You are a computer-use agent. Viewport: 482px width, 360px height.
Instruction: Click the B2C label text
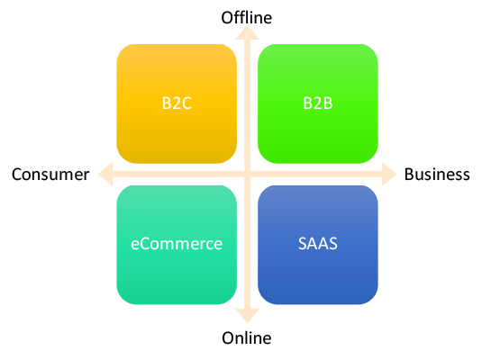177,103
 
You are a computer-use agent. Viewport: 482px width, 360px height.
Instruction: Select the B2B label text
317,103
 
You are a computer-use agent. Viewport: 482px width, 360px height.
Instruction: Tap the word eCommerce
177,244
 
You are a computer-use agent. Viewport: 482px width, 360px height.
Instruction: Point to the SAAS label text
317,244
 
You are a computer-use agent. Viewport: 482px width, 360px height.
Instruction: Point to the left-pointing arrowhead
105,173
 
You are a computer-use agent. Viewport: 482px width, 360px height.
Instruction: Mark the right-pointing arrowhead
388,173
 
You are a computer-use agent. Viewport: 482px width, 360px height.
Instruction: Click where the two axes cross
247,173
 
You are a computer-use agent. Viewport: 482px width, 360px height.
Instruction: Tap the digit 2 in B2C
177,103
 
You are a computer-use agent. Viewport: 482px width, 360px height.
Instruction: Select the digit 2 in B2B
317,103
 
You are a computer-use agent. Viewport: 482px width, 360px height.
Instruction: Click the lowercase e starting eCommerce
134,245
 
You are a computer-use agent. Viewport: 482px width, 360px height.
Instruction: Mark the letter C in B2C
186,103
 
